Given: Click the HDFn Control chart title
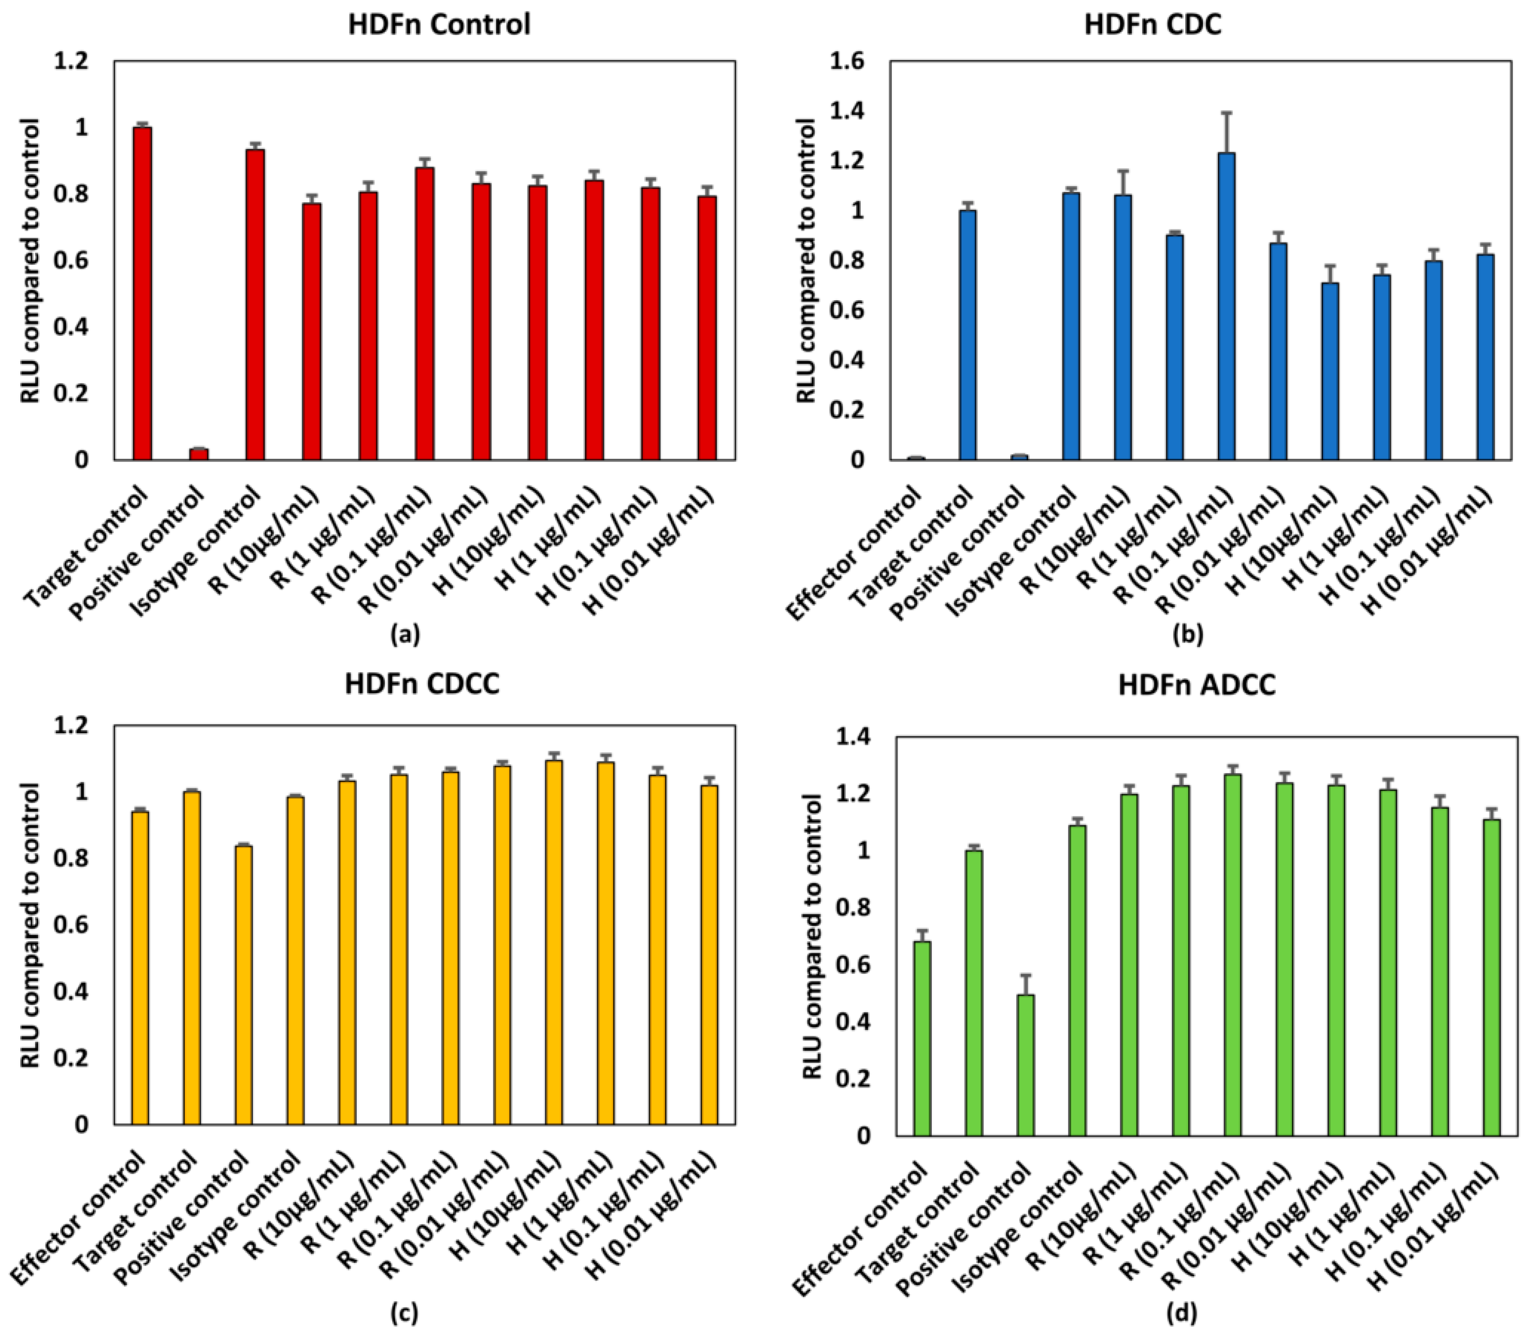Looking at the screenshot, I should [439, 25].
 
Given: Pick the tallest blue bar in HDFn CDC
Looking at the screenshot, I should [1226, 306].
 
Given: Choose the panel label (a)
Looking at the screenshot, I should [406, 634].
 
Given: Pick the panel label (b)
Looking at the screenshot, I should [1188, 634].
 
